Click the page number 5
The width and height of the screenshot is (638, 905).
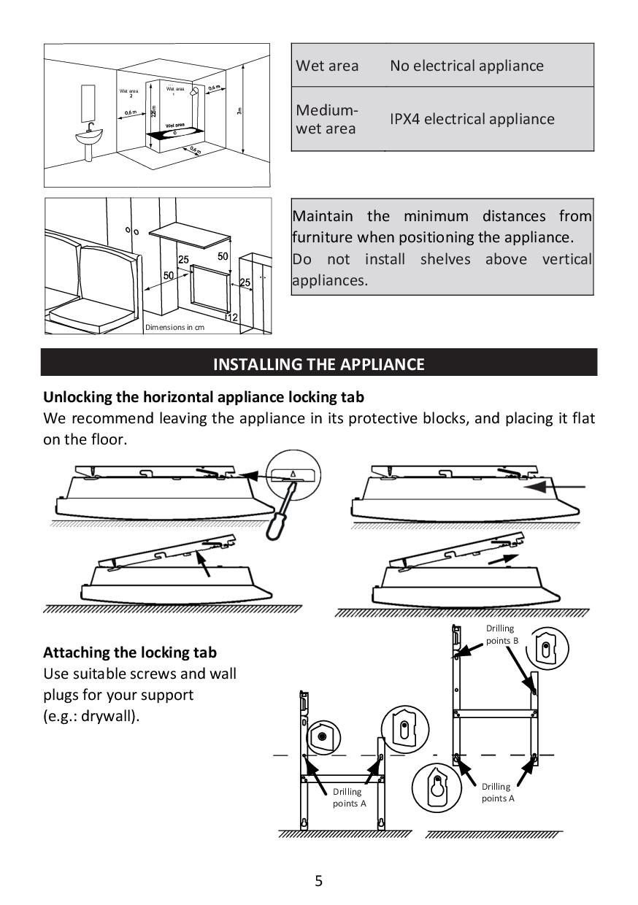point(318,880)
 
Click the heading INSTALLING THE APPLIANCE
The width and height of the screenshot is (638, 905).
point(318,363)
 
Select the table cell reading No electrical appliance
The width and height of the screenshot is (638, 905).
point(466,66)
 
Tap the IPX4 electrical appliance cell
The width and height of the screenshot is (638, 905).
point(472,119)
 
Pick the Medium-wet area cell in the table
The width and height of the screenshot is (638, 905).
point(327,120)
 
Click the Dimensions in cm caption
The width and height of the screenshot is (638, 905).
point(174,327)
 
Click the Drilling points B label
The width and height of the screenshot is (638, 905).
point(501,633)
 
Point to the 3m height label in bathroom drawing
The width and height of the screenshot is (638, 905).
point(239,110)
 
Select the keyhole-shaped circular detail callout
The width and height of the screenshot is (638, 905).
point(436,787)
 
